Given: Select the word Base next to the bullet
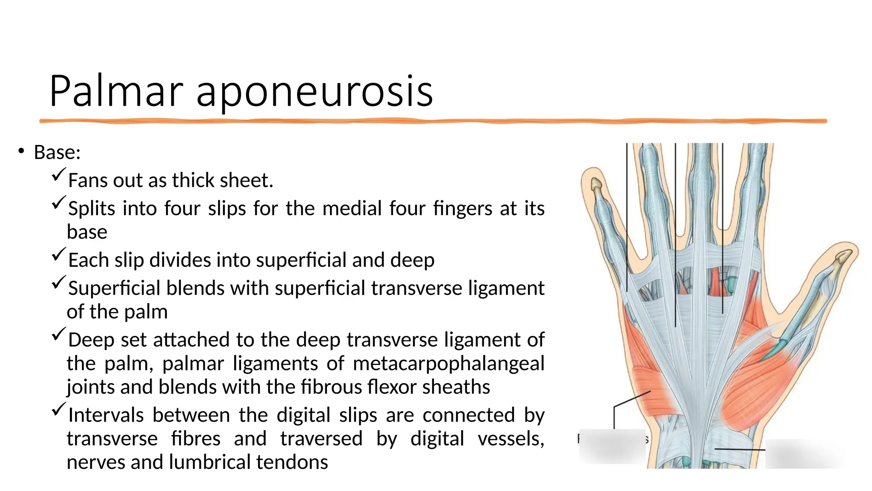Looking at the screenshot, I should tap(55, 152).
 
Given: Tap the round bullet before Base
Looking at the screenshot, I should tap(21, 151).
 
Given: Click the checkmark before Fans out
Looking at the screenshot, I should tap(59, 175).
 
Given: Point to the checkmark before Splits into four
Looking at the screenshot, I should tap(59, 203).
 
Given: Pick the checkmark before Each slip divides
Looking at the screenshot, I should tap(59, 254).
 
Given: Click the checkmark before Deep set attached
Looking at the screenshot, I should tap(59, 334).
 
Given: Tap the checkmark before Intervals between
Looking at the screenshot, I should tap(59, 410).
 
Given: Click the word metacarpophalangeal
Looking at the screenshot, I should tap(448, 364).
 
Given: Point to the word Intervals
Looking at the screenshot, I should tap(106, 415).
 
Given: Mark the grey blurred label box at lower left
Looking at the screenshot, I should tap(612, 445).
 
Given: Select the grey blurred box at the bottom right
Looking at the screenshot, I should tap(805, 454).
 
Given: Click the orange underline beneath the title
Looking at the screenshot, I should tap(433, 121).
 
